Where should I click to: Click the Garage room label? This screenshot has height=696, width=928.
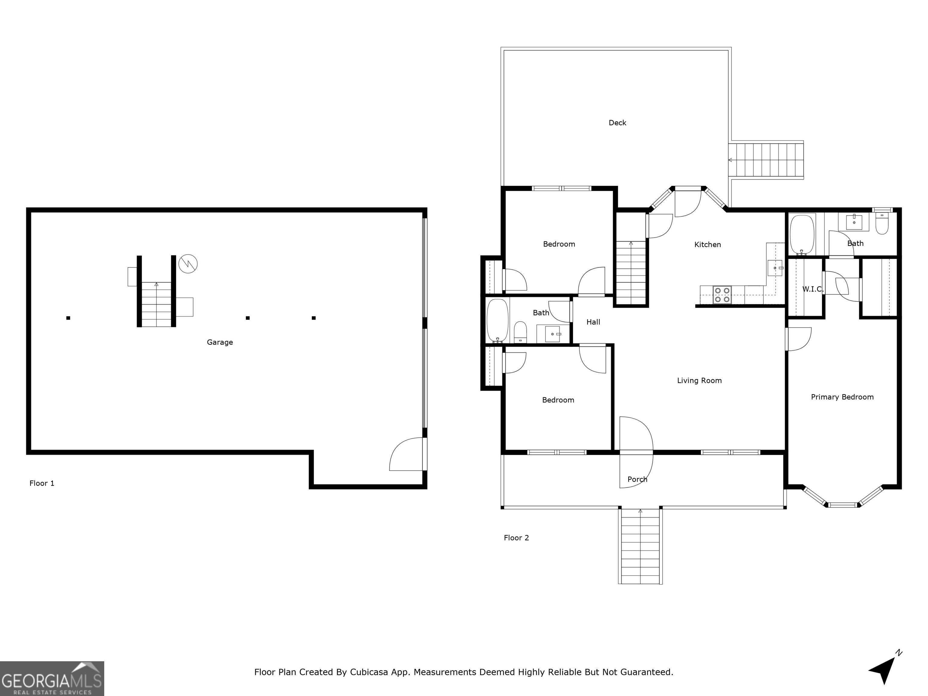point(220,342)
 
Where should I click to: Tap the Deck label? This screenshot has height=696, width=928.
point(617,123)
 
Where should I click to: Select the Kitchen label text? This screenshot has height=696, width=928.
point(708,245)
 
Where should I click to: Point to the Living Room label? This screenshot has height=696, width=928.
point(699,381)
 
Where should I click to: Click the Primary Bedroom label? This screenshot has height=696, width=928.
point(843,397)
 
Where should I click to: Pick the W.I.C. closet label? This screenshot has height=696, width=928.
point(813,289)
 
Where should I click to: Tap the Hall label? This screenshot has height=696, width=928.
point(593,322)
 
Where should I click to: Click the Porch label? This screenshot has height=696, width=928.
point(637,479)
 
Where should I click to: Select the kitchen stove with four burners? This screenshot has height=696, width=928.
point(722,295)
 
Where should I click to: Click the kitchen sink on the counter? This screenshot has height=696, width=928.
point(775,268)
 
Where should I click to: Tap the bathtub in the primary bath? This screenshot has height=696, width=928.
point(802,234)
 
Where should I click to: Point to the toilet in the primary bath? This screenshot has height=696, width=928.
point(882,224)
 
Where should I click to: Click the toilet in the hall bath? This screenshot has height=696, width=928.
point(520,332)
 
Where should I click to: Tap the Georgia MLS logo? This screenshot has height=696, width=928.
point(52,679)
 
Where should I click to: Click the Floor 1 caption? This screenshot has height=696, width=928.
point(42,483)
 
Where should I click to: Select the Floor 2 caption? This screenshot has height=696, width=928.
point(517,538)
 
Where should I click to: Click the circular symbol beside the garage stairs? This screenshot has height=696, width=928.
point(188,264)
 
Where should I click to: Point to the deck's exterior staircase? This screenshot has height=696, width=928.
point(766,160)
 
